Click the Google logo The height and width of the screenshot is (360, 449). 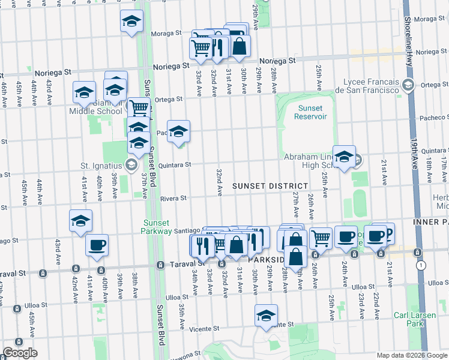[20, 353]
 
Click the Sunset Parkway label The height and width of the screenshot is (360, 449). [157, 226]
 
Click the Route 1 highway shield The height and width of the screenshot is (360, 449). [424, 265]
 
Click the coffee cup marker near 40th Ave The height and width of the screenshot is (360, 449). [97, 245]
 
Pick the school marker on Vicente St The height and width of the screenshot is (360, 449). [267, 316]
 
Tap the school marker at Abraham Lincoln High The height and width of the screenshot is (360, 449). [344, 157]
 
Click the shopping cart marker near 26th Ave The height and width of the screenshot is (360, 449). [321, 238]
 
